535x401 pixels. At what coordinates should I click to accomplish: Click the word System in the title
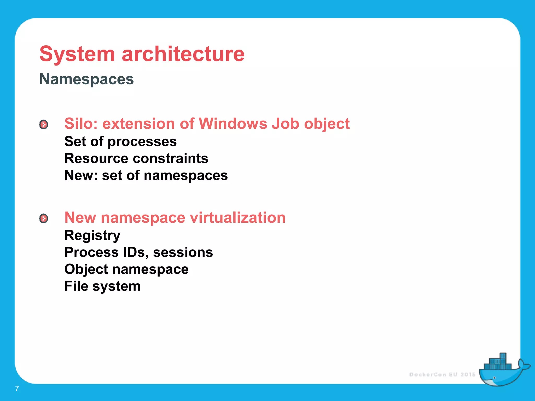(x=77, y=54)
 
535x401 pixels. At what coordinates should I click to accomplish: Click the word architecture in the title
(x=183, y=54)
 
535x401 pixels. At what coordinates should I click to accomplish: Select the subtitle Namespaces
(x=86, y=79)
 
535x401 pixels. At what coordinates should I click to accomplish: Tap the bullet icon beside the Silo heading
(x=44, y=125)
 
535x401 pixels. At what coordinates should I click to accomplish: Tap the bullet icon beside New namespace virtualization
(x=44, y=218)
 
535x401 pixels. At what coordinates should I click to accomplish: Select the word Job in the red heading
(x=285, y=123)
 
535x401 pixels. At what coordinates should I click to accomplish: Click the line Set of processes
(x=120, y=141)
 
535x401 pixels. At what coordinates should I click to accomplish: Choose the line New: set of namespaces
(x=146, y=175)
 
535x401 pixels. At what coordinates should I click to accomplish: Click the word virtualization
(x=237, y=217)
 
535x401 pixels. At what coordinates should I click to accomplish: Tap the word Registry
(x=92, y=235)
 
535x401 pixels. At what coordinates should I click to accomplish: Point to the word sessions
(x=183, y=252)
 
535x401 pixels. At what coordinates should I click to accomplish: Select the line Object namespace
(x=126, y=269)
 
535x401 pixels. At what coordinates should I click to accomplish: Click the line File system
(x=102, y=286)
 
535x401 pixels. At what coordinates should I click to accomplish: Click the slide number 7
(x=17, y=388)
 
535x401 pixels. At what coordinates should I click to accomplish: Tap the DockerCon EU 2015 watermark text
(x=442, y=375)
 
